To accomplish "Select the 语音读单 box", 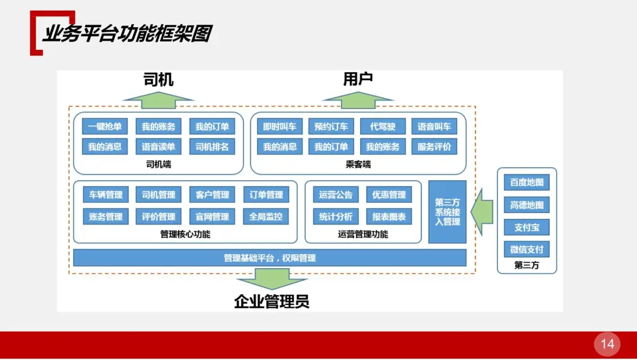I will (158, 147).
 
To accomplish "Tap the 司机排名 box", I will (212, 147).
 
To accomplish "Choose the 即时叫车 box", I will (279, 126).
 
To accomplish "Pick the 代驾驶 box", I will (382, 126).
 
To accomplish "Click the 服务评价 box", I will (434, 147).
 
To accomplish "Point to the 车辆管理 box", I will (106, 195).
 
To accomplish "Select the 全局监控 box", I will (266, 216).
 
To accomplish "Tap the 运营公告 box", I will (336, 195).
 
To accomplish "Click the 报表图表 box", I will (389, 216).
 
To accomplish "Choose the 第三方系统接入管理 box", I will (447, 211).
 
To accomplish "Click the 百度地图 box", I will (526, 183).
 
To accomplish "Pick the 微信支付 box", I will (526, 249).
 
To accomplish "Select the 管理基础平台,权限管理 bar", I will (269, 258).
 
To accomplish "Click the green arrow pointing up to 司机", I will (158, 100).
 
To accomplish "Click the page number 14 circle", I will (607, 344).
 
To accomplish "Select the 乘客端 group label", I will (358, 165).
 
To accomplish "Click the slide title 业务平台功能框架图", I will (126, 34).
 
